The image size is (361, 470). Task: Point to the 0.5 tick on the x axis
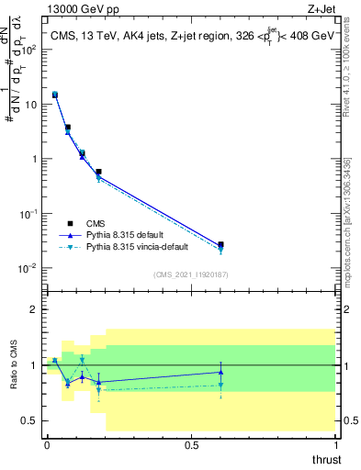coord(191,445)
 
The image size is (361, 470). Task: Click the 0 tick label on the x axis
coord(47,445)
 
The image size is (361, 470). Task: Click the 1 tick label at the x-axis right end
coord(335,445)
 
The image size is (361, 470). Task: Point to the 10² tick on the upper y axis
coord(29,49)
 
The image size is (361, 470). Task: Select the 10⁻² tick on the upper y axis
coord(29,268)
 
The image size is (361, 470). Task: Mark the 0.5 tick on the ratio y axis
coord(28,420)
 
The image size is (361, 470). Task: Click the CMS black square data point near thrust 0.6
coord(220,245)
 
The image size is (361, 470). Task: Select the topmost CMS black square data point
coord(55,95)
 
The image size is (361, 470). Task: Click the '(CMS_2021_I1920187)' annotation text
coord(191,274)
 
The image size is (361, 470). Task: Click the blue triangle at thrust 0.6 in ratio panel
coord(220,372)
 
